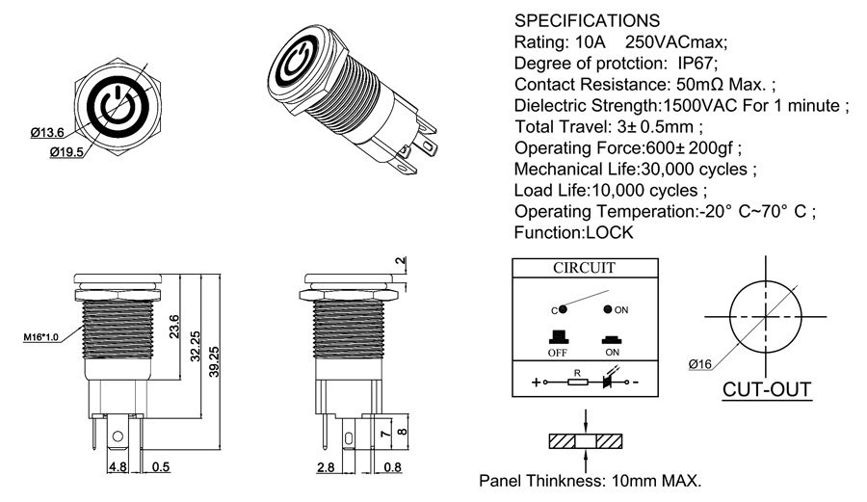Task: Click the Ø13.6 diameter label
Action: [47, 132]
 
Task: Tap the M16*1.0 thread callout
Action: [40, 337]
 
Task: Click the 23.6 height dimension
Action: [174, 328]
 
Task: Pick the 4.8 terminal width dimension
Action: [117, 469]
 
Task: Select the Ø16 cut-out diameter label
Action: [700, 364]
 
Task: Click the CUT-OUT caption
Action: [768, 391]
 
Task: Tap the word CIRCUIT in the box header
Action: [584, 268]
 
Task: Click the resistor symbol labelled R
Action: [576, 382]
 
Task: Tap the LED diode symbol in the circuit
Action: [610, 381]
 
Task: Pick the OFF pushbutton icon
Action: [557, 338]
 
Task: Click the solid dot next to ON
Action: [608, 310]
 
